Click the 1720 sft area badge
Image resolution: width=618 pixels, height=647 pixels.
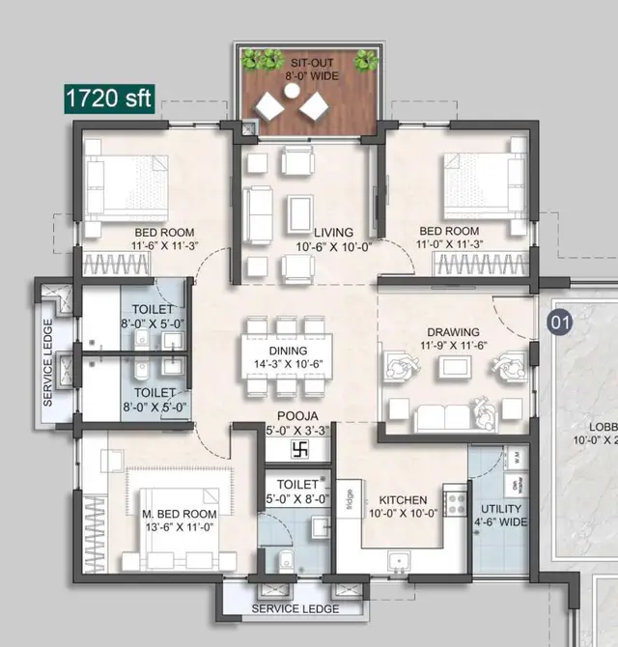coord(109,98)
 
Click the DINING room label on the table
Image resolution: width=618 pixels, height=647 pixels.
coord(289,356)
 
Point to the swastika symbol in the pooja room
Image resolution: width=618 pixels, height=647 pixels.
coord(298,450)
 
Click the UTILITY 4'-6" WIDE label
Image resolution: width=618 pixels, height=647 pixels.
coord(500,516)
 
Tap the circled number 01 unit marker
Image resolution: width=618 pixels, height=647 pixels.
coord(559,322)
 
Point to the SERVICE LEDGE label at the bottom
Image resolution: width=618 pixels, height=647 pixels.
coord(295,609)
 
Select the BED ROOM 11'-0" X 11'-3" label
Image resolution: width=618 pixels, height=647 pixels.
coord(449,239)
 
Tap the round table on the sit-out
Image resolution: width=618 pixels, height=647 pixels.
coord(292,92)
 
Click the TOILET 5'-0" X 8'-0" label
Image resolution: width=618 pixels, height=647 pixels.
coord(297,491)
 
